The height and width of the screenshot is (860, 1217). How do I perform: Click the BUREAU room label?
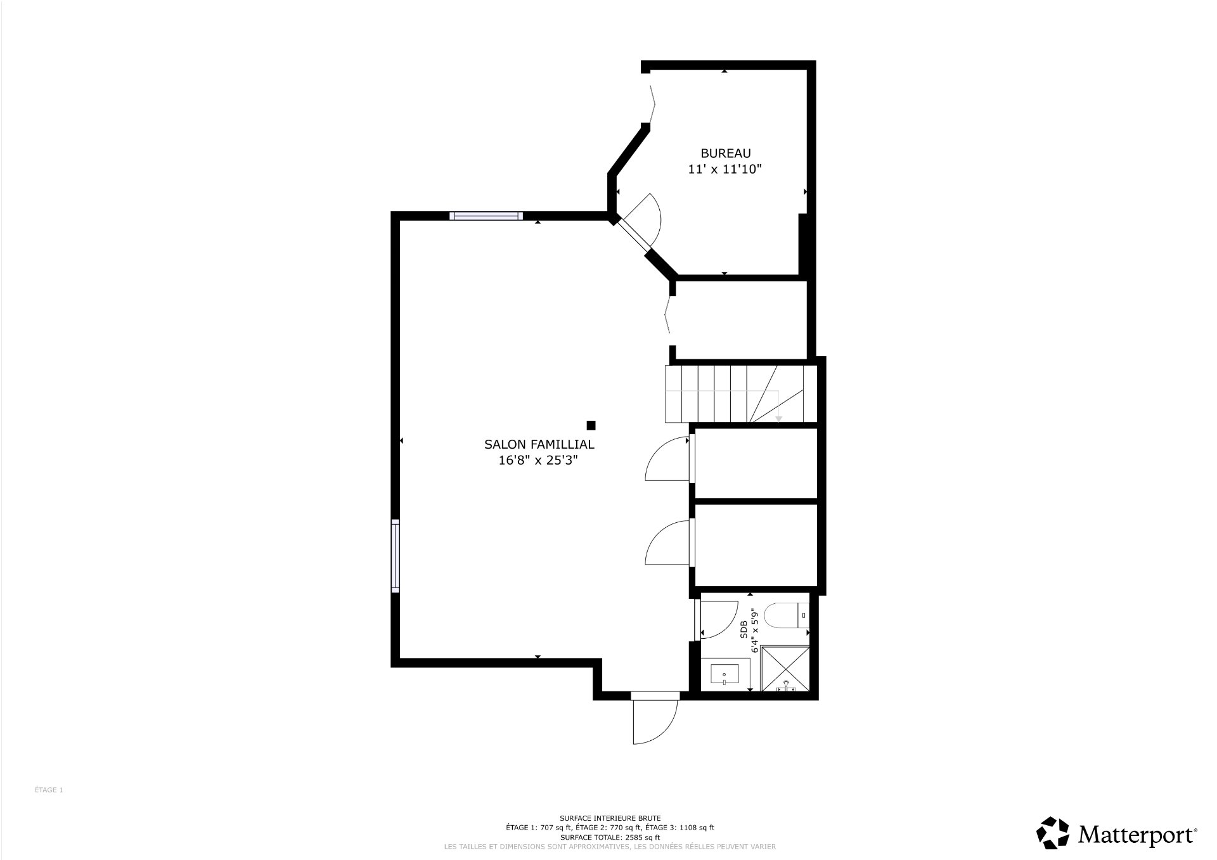coord(725,153)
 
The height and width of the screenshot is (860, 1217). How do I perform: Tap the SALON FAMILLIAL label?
coord(539,445)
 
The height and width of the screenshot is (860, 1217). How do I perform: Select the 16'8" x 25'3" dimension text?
coord(539,461)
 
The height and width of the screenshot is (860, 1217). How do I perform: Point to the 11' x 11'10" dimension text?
coord(724,169)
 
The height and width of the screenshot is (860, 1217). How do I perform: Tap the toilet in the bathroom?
coord(787,615)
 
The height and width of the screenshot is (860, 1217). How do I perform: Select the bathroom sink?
coord(725,674)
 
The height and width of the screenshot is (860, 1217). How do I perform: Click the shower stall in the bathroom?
coord(785,669)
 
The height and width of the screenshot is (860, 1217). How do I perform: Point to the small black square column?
coord(591,425)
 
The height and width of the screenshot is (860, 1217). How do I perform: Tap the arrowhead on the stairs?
coord(778,418)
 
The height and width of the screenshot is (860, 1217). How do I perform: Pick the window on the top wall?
coord(486,215)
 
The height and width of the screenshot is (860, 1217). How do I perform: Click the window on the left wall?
coord(396,556)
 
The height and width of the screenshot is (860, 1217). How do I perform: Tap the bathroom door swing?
coord(718,619)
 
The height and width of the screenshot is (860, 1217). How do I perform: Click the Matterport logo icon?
coord(1054,832)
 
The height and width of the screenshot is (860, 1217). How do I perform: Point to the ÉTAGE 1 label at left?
coord(49,790)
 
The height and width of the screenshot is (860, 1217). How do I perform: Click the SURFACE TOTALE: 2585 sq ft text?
coord(610,837)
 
